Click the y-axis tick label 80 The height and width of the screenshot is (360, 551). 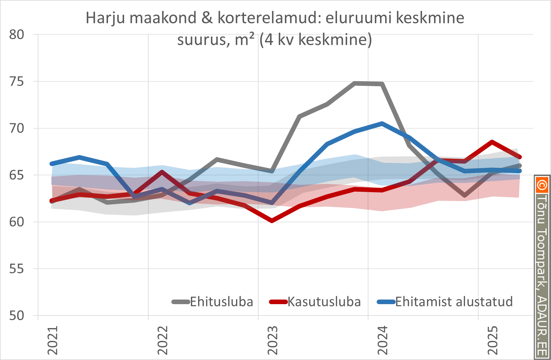coord(17,35)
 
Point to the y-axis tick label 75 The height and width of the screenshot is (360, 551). coord(17,82)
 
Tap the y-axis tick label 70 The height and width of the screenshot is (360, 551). coord(17,129)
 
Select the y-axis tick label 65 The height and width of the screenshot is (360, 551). coord(17,176)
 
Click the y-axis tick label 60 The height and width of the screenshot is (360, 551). coord(17,222)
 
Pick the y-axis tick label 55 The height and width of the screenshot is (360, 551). coord(17,269)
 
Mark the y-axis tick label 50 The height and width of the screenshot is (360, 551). coord(17,316)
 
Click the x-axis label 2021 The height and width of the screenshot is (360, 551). coord(53,340)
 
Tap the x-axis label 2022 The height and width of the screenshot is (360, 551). coord(163,340)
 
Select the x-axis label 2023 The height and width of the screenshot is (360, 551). coord(273,340)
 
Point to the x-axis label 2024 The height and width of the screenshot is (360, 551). coord(382,340)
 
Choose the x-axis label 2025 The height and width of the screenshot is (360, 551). coord(492,340)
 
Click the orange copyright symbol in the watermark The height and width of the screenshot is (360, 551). coord(542,185)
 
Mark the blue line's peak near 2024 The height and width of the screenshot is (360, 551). coord(382,123)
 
